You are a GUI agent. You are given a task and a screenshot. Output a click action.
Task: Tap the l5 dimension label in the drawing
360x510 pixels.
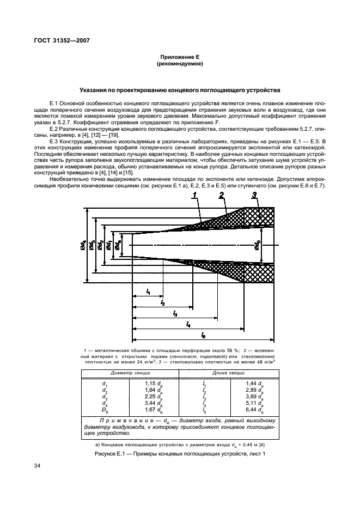pos(203,335)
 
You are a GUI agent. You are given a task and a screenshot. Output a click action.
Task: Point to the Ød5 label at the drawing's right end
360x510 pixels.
pos(258,245)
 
